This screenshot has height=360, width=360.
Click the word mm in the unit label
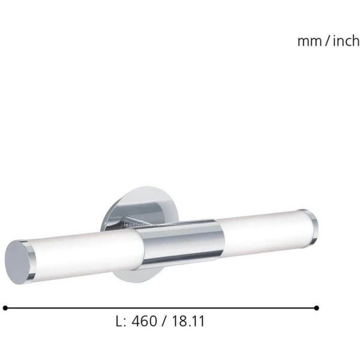click(309, 41)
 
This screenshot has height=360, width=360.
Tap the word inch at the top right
click(346, 41)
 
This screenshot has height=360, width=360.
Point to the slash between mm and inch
click(328, 41)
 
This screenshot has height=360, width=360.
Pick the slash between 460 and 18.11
click(163, 321)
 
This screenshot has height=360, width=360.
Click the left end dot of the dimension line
click(5, 307)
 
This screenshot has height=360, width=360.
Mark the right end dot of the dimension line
click(317, 307)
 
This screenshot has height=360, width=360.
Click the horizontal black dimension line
click(162, 307)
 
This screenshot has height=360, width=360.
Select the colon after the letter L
click(124, 322)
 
